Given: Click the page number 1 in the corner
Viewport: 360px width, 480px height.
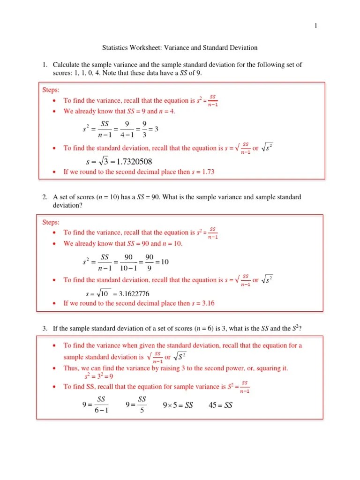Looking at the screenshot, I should (x=315, y=26).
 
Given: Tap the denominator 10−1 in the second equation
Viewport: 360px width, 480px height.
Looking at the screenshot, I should (x=128, y=269).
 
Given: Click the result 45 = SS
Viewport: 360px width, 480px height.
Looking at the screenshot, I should (x=220, y=405).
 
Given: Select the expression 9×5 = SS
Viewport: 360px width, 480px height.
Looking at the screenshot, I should (x=178, y=405).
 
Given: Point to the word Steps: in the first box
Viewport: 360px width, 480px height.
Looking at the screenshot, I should (x=51, y=89).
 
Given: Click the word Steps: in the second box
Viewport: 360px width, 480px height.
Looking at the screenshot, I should (x=51, y=222).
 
